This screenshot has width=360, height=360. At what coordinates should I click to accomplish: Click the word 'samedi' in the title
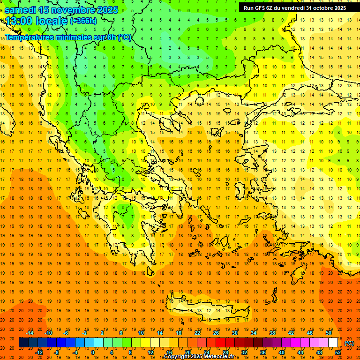tap(20, 10)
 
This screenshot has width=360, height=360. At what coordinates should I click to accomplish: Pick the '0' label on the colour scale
tap(93, 352)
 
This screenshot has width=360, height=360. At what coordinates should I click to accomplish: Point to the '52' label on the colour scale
tap(337, 352)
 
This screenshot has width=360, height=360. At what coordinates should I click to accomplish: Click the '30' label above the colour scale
tap(234, 333)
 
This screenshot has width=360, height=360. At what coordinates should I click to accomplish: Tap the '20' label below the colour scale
tap(188, 352)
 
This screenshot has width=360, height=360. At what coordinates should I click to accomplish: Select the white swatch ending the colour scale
tap(333, 343)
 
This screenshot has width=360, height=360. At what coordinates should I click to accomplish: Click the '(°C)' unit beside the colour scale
tap(349, 343)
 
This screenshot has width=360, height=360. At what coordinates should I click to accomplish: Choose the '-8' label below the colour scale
tap(57, 352)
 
